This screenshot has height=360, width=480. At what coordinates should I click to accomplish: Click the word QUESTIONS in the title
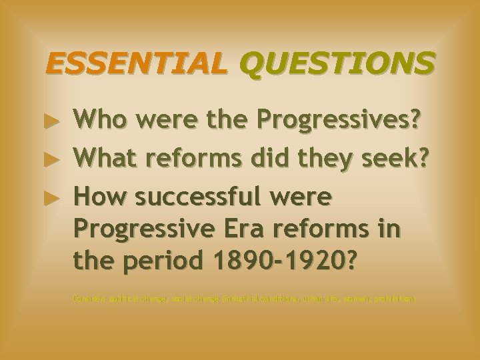[335, 64]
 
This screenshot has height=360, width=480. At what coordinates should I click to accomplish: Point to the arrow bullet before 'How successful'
[58, 197]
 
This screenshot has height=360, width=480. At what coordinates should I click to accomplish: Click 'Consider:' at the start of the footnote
[88, 299]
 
